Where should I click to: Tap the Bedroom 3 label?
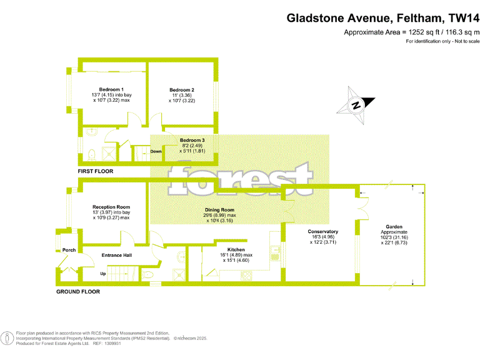click(192, 140)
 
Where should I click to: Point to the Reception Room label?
click(111, 207)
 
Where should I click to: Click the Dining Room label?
click(219, 210)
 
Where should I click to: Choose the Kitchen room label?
click(236, 249)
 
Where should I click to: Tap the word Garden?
click(394, 226)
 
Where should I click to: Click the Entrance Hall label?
click(116, 255)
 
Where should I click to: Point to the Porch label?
click(69, 250)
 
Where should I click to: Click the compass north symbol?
click(356, 105)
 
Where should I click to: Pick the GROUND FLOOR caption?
click(78, 292)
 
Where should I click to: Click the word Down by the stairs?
click(156, 151)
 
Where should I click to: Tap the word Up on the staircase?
click(103, 274)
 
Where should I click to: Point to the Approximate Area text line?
click(412, 32)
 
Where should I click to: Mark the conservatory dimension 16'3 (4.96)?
click(323, 237)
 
